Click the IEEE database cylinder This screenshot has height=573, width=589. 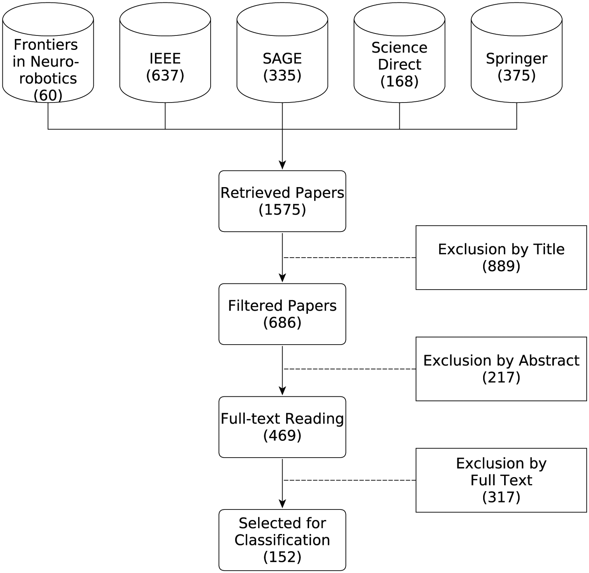pyautogui.click(x=165, y=53)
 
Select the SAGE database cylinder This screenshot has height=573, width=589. pyautogui.click(x=282, y=53)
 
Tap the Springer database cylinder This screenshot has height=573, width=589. pyautogui.click(x=517, y=53)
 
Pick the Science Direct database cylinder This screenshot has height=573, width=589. pyautogui.click(x=399, y=53)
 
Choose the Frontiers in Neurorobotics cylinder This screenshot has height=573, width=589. pyautogui.click(x=48, y=53)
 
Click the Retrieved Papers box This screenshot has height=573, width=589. pyautogui.click(x=282, y=201)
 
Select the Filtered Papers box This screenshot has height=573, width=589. pyautogui.click(x=282, y=314)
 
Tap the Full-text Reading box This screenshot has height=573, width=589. pyautogui.click(x=282, y=427)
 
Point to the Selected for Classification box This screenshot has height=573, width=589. pyautogui.click(x=282, y=540)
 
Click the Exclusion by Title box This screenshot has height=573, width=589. pyautogui.click(x=501, y=257)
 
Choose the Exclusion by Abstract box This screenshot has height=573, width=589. pyautogui.click(x=501, y=369)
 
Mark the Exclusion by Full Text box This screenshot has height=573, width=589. pyautogui.click(x=501, y=480)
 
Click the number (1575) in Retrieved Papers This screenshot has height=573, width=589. pyautogui.click(x=282, y=210)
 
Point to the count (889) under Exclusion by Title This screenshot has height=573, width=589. pyautogui.click(x=501, y=266)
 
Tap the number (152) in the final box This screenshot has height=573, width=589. pyautogui.click(x=282, y=557)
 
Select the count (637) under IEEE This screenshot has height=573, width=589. pyautogui.click(x=165, y=75)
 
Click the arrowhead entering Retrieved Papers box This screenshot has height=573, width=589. pyautogui.click(x=282, y=165)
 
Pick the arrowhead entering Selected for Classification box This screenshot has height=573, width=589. pyautogui.click(x=282, y=504)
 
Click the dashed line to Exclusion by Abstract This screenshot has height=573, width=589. pyautogui.click(x=350, y=369)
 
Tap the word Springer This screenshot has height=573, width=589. pyautogui.click(x=517, y=59)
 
